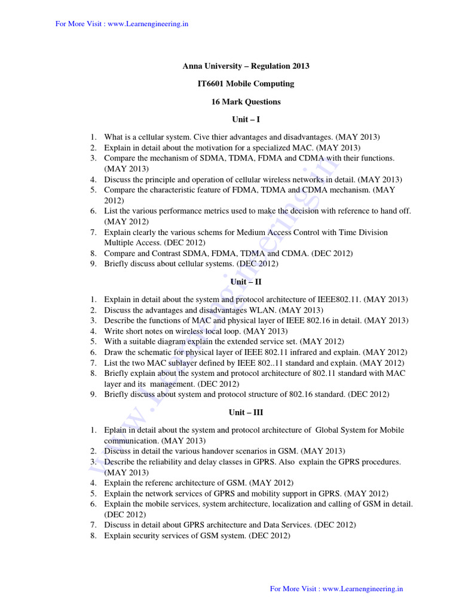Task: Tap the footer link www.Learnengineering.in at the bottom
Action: tap(363, 588)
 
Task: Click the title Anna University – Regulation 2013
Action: tap(246, 66)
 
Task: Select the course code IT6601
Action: tap(210, 84)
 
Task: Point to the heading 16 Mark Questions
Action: tap(246, 101)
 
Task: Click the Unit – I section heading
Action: tap(246, 119)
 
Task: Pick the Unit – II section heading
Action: tap(246, 282)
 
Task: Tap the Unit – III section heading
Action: tap(246, 412)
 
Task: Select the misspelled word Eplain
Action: tap(115, 430)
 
